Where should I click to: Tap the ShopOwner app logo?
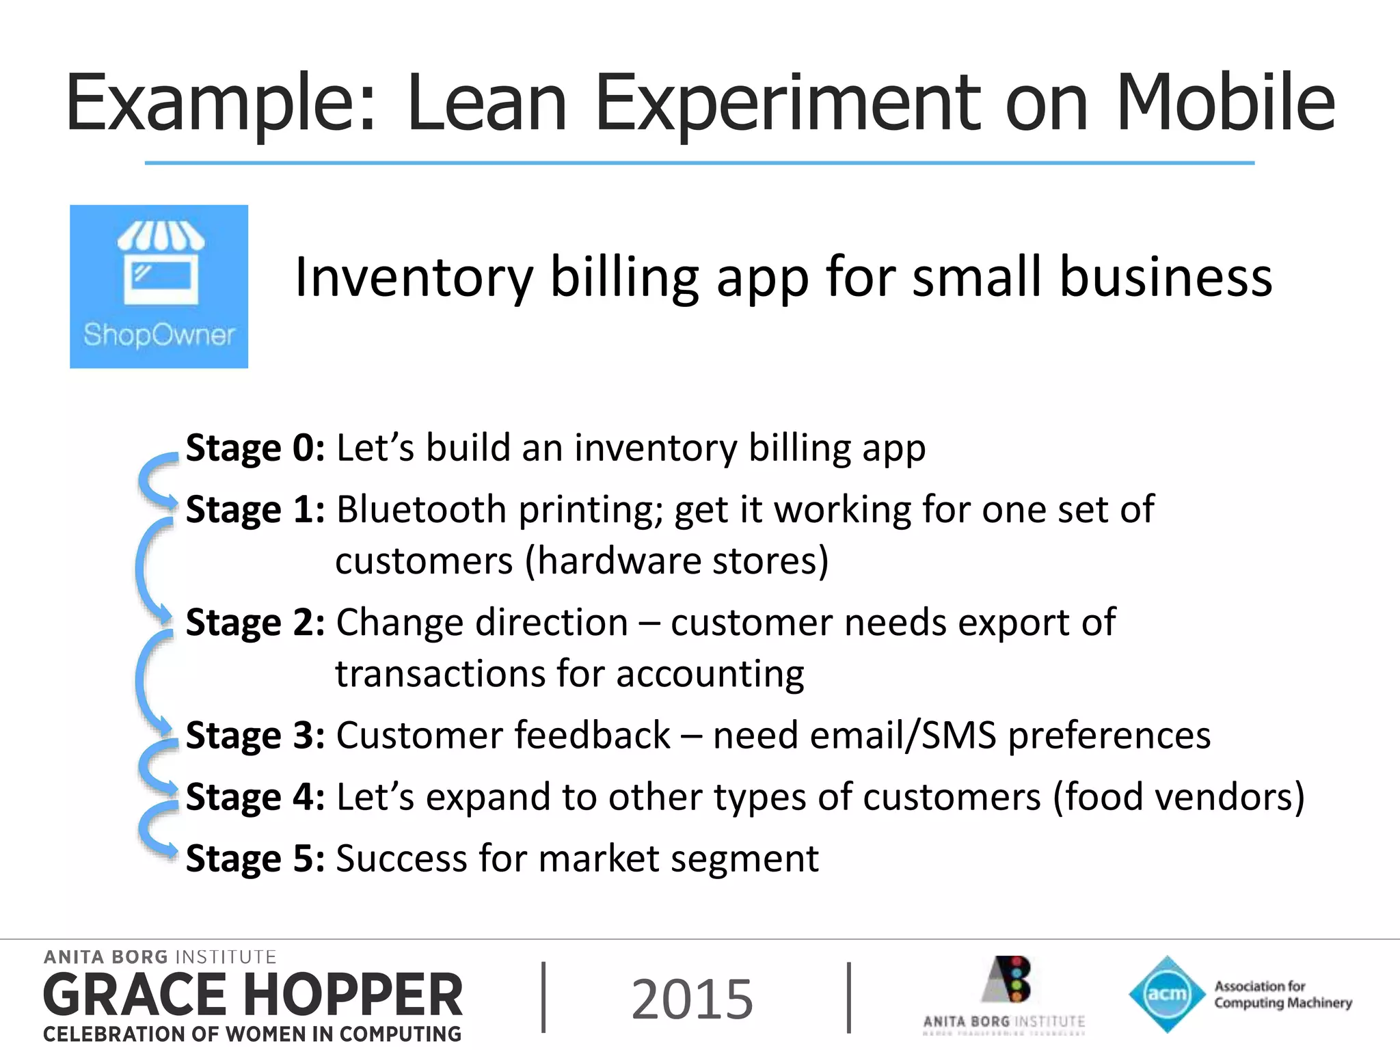[x=159, y=286]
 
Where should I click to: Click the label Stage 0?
[x=255, y=448]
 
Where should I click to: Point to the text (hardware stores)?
[x=677, y=561]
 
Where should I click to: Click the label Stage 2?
[x=255, y=623]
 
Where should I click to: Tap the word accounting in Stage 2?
[x=710, y=674]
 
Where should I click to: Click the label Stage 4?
[x=255, y=797]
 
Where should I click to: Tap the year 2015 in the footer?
[x=692, y=999]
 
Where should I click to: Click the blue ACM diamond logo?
[x=1167, y=993]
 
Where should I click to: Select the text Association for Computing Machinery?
[x=1282, y=995]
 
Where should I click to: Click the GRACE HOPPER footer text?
[x=253, y=995]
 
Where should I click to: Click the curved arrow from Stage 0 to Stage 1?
[x=152, y=479]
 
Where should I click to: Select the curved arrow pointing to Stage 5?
[x=152, y=831]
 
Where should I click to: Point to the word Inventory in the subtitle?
[x=413, y=277]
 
